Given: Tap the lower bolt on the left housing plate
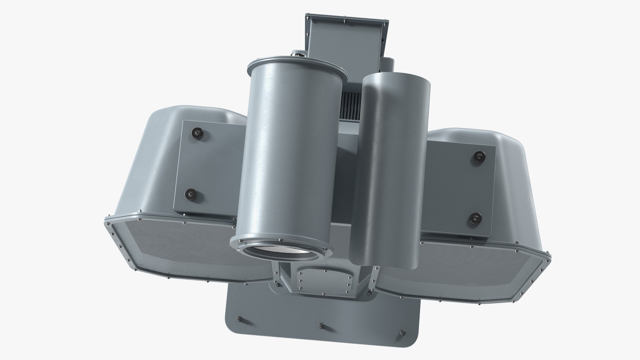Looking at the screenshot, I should [191, 193].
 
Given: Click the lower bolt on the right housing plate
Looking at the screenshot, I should [474, 219].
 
